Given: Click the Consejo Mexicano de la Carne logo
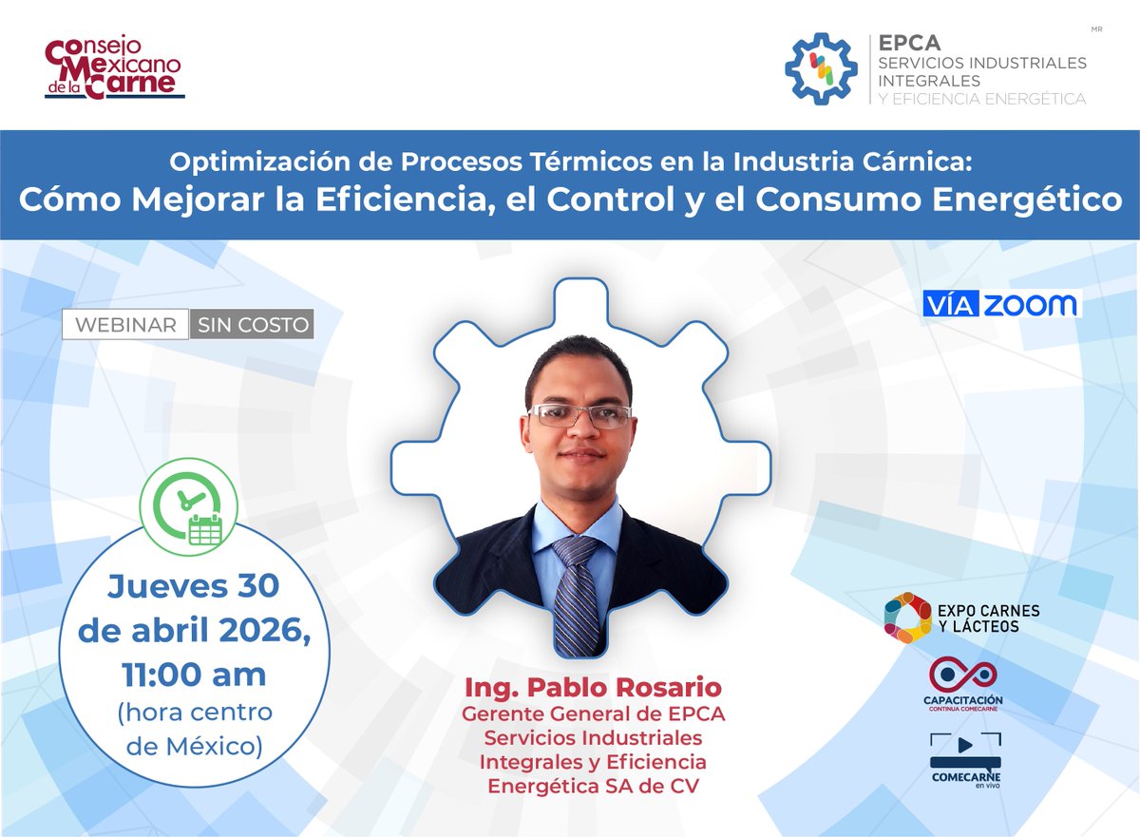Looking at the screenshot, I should coord(113,67).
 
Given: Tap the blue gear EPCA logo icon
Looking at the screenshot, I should coord(822,68).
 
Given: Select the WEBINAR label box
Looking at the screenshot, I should coord(125,324).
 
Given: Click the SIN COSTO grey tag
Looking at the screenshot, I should coord(252,324).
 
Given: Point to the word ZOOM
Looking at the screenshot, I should coord(1031,304).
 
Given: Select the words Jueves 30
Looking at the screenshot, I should coord(194,586).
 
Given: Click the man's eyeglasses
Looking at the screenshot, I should coord(579,415).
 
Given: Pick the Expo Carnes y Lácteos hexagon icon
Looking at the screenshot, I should coord(907,617).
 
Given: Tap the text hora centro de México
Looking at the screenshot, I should coord(194,729).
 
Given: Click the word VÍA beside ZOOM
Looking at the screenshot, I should coord(951,304).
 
